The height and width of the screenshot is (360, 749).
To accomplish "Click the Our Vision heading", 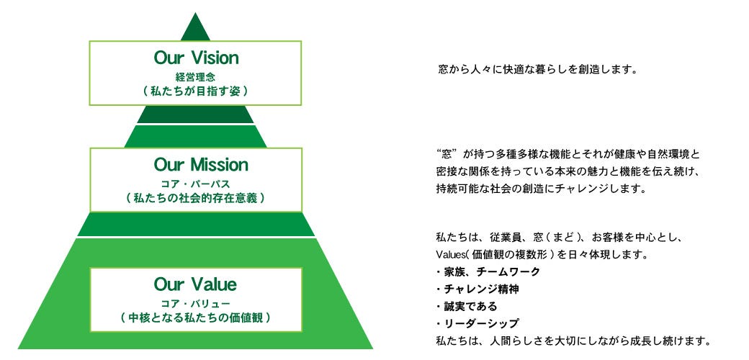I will click(x=195, y=58).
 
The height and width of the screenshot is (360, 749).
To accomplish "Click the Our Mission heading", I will click(x=195, y=165).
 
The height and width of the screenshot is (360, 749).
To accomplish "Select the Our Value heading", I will click(x=195, y=284).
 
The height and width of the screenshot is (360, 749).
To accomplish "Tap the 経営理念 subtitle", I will click(x=195, y=76).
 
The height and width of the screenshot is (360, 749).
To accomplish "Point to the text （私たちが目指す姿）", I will click(x=195, y=91).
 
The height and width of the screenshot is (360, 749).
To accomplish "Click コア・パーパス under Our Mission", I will click(x=195, y=184).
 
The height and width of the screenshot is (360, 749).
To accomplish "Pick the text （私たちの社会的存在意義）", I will click(x=195, y=198).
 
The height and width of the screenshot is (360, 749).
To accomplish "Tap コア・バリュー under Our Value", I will click(x=195, y=302).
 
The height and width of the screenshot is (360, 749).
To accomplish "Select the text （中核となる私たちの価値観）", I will click(x=195, y=317).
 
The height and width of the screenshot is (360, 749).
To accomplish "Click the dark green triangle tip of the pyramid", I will click(x=195, y=30).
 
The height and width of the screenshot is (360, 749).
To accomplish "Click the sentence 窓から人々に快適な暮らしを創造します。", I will click(x=538, y=71).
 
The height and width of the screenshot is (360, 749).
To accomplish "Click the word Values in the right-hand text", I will click(x=451, y=254).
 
